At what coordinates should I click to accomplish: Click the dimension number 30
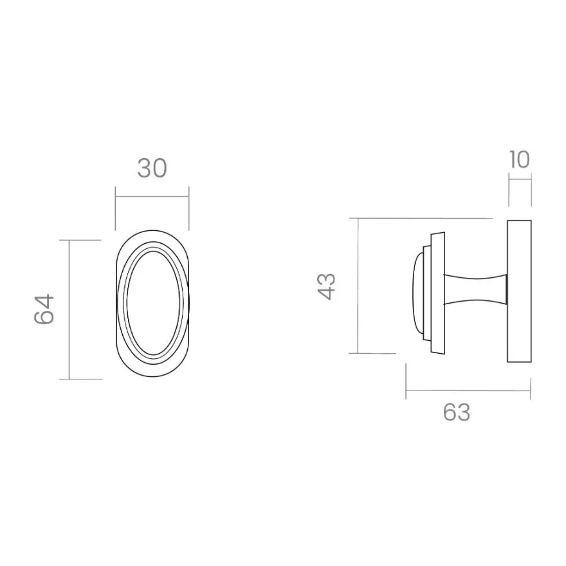click(152, 169)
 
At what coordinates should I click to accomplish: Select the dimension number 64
click(44, 309)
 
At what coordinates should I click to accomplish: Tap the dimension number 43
click(327, 287)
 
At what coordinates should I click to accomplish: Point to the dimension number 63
click(457, 412)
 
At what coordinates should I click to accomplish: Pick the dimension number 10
click(520, 160)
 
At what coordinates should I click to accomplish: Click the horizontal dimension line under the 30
click(152, 197)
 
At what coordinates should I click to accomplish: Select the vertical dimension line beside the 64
click(69, 310)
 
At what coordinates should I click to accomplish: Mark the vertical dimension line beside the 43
click(358, 286)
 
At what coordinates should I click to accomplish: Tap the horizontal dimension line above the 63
click(468, 390)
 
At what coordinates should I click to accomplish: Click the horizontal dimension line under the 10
click(520, 179)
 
